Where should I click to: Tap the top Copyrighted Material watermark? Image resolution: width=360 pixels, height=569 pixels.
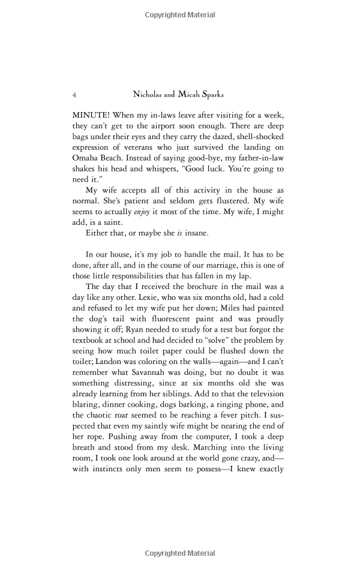tap(180, 14)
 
